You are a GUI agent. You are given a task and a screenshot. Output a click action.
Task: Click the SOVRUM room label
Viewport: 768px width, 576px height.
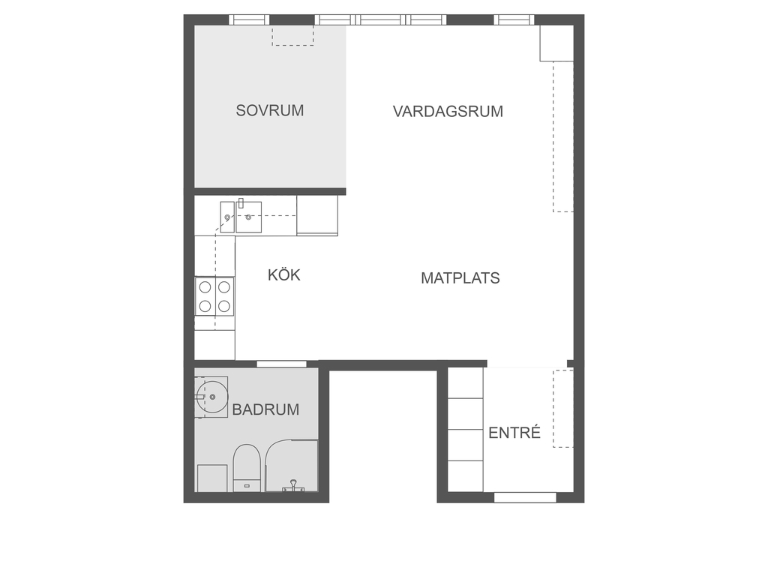[270, 110]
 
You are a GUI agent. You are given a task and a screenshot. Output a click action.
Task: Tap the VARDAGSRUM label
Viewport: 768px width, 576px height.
[448, 111]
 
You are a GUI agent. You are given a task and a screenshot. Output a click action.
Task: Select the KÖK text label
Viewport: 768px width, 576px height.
[284, 274]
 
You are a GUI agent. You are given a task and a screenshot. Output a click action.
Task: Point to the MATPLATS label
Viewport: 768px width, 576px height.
[460, 277]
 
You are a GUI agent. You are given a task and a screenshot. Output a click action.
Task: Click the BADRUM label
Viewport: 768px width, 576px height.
[265, 409]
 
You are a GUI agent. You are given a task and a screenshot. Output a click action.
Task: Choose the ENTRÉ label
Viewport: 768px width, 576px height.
[514, 433]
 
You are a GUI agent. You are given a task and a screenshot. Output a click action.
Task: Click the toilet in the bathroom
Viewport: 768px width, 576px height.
[246, 468]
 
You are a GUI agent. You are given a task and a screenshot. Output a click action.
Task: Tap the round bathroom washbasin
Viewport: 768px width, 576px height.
[212, 397]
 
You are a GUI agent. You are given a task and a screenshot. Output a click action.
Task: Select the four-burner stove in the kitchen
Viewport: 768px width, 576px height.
[214, 296]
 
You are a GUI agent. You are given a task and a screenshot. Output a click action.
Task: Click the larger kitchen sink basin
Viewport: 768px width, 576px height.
[248, 217]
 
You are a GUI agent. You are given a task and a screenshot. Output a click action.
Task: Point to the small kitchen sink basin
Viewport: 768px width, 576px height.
[226, 217]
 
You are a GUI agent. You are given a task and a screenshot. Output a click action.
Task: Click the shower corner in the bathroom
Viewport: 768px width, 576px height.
[292, 465]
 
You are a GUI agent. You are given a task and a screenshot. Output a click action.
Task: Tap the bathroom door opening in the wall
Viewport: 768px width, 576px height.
[282, 364]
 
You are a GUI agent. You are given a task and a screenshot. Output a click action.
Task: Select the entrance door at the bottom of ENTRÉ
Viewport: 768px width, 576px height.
[525, 498]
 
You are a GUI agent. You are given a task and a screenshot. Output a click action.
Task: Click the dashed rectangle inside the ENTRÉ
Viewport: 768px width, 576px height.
[563, 409]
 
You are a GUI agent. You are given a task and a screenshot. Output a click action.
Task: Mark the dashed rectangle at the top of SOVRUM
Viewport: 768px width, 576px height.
[293, 35]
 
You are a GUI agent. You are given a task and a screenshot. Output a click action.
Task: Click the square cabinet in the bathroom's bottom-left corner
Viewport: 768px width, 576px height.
[212, 478]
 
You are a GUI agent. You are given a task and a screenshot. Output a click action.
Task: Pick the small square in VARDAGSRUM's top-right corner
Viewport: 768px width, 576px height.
[556, 43]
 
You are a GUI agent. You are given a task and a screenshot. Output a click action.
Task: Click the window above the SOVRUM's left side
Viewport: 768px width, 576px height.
[249, 19]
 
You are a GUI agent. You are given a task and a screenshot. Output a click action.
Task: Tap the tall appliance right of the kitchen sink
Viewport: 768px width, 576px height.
[317, 215]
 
